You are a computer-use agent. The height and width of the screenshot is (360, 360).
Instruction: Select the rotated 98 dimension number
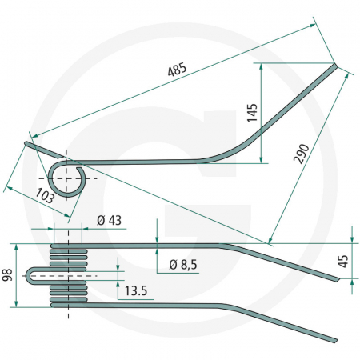pyautogui.click(x=8, y=274)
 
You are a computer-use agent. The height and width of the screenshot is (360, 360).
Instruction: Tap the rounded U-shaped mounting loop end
pyautogui.click(x=30, y=274)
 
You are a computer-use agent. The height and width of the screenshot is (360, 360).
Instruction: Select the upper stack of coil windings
pyautogui.click(x=67, y=256)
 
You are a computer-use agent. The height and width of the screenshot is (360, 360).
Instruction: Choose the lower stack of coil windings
pyautogui.click(x=67, y=293)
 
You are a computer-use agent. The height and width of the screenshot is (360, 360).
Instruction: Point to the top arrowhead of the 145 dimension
pyautogui.click(x=261, y=68)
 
